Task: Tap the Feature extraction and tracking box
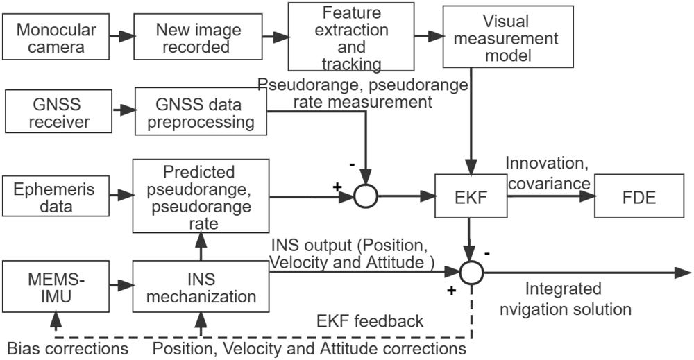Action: coord(351,39)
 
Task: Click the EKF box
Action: coord(472,197)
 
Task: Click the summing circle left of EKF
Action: coord(365,197)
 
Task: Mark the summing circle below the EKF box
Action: coord(472,273)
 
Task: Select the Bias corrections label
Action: coord(67,346)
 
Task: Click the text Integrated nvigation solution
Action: coord(578,299)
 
